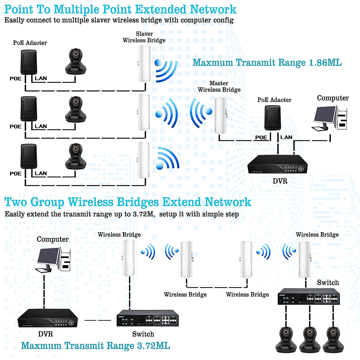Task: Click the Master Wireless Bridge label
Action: [219, 86]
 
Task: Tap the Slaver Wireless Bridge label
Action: [144, 37]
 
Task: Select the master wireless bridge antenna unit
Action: [220, 115]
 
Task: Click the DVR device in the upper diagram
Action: [277, 164]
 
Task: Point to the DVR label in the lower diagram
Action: [46, 334]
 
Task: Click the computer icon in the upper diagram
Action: [329, 118]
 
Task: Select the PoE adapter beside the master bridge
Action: [273, 118]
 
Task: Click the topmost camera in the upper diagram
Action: [76, 62]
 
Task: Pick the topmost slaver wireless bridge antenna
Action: [144, 64]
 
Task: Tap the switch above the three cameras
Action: [309, 296]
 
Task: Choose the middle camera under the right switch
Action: [310, 339]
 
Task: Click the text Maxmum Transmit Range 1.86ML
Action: [267, 63]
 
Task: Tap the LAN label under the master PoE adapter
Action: [286, 137]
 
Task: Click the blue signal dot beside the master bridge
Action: [209, 112]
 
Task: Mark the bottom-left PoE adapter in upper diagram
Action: [28, 156]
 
